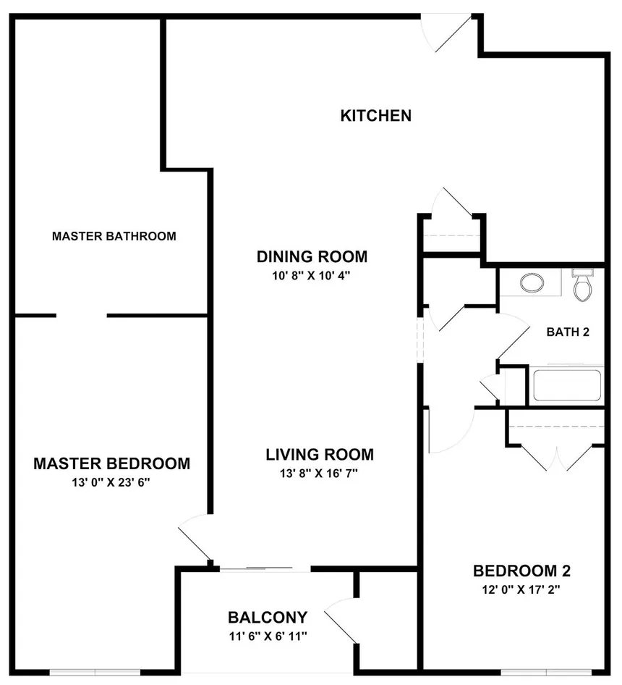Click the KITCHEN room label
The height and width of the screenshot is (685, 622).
[x=376, y=116]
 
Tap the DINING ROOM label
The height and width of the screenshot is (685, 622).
[x=312, y=257]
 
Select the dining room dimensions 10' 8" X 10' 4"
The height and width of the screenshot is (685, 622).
[x=312, y=276]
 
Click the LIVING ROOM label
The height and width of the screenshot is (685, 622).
[x=320, y=455]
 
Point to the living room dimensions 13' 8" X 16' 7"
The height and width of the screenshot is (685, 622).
[x=319, y=473]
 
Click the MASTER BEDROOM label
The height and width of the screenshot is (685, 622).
[x=111, y=463]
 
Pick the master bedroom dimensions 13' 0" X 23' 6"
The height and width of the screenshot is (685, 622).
[x=111, y=482]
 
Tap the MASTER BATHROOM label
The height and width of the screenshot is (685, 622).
[x=114, y=236]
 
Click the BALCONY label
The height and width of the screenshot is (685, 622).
[x=268, y=618]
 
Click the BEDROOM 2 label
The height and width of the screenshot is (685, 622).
[x=521, y=571]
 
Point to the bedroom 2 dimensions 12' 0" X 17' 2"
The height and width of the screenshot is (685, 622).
[x=521, y=589]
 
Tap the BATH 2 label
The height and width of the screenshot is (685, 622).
[x=568, y=332]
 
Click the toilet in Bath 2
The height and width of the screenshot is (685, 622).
[x=583, y=285]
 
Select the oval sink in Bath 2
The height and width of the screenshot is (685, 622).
[x=532, y=282]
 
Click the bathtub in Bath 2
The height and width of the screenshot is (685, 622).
[x=567, y=385]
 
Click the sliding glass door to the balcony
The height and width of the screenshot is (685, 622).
[x=265, y=569]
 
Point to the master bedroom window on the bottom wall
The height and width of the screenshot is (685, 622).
[x=95, y=673]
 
